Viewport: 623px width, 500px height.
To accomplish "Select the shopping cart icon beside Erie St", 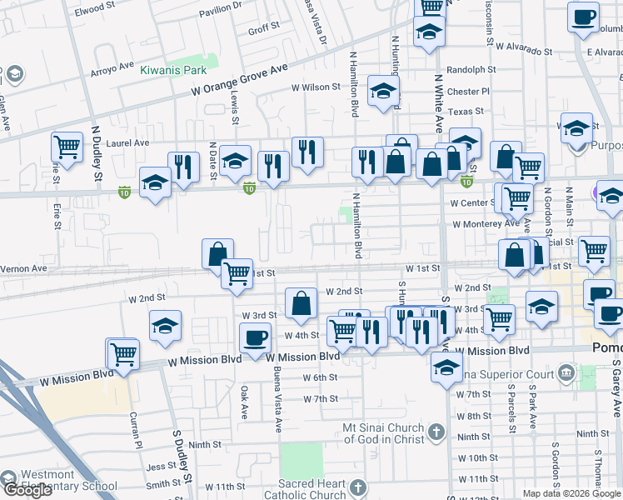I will tap(67, 147).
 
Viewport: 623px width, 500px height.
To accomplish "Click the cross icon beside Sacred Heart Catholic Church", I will tap(357, 487).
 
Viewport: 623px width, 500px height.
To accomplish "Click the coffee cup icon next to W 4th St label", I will tap(255, 337).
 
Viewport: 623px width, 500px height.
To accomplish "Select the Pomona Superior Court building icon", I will tap(567, 371).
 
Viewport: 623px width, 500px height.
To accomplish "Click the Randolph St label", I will tap(471, 71).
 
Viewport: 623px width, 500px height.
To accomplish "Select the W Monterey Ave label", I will tap(486, 223).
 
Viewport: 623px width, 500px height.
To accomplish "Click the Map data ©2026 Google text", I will tap(572, 493).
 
